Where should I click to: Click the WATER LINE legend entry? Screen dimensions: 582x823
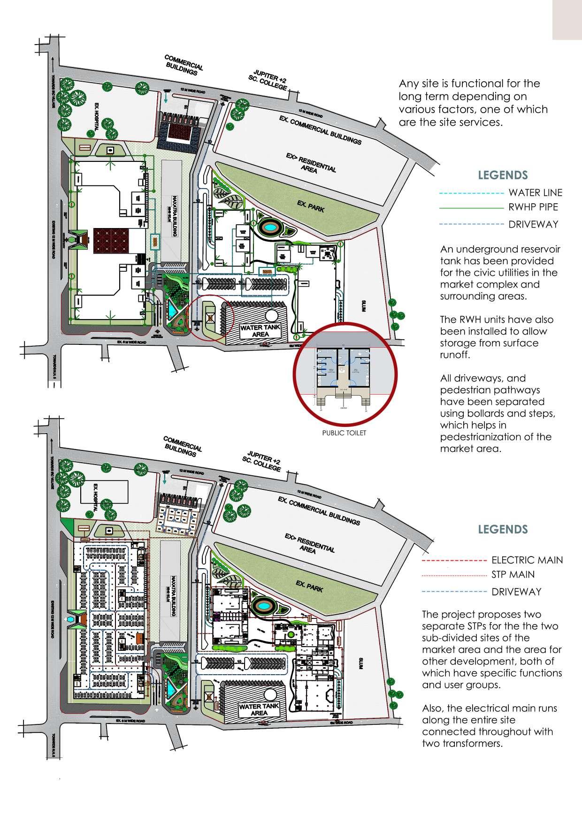tap(535, 193)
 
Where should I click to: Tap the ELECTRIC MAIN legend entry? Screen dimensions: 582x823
tap(527, 560)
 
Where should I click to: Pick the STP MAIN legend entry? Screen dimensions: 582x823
tap(513, 575)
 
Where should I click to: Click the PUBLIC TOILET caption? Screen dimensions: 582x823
tap(344, 433)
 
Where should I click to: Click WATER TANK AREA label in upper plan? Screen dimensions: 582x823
tap(260, 331)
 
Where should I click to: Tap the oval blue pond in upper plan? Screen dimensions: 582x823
tap(270, 228)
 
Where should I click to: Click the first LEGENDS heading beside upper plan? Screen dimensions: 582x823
tap(503, 175)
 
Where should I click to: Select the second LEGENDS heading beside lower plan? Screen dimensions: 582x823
tap(503, 529)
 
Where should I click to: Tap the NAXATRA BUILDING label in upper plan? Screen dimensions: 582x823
tap(172, 212)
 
